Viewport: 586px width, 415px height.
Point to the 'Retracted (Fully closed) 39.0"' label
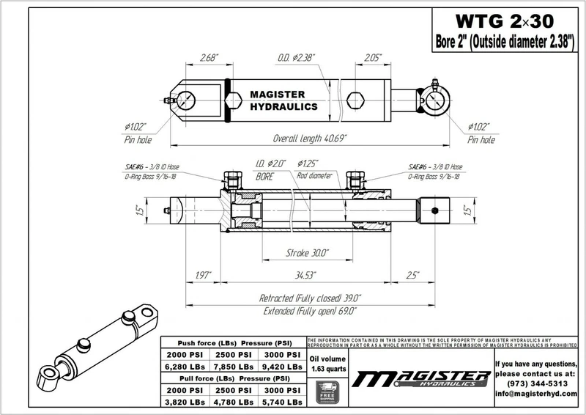[311, 298]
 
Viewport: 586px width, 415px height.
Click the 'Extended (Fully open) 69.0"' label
[310, 311]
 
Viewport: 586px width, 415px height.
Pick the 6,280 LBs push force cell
[185, 367]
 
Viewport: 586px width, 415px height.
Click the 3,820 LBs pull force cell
[185, 403]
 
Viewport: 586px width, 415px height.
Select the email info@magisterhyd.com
[538, 394]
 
